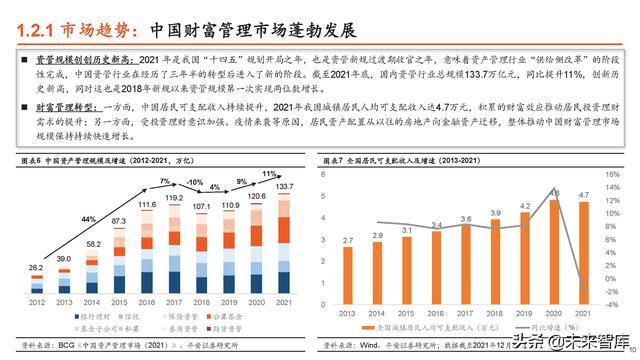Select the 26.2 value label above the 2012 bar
[x=35, y=268]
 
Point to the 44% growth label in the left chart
[x=89, y=219]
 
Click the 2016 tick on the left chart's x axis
[x=148, y=301]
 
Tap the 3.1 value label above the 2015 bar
[x=406, y=230]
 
